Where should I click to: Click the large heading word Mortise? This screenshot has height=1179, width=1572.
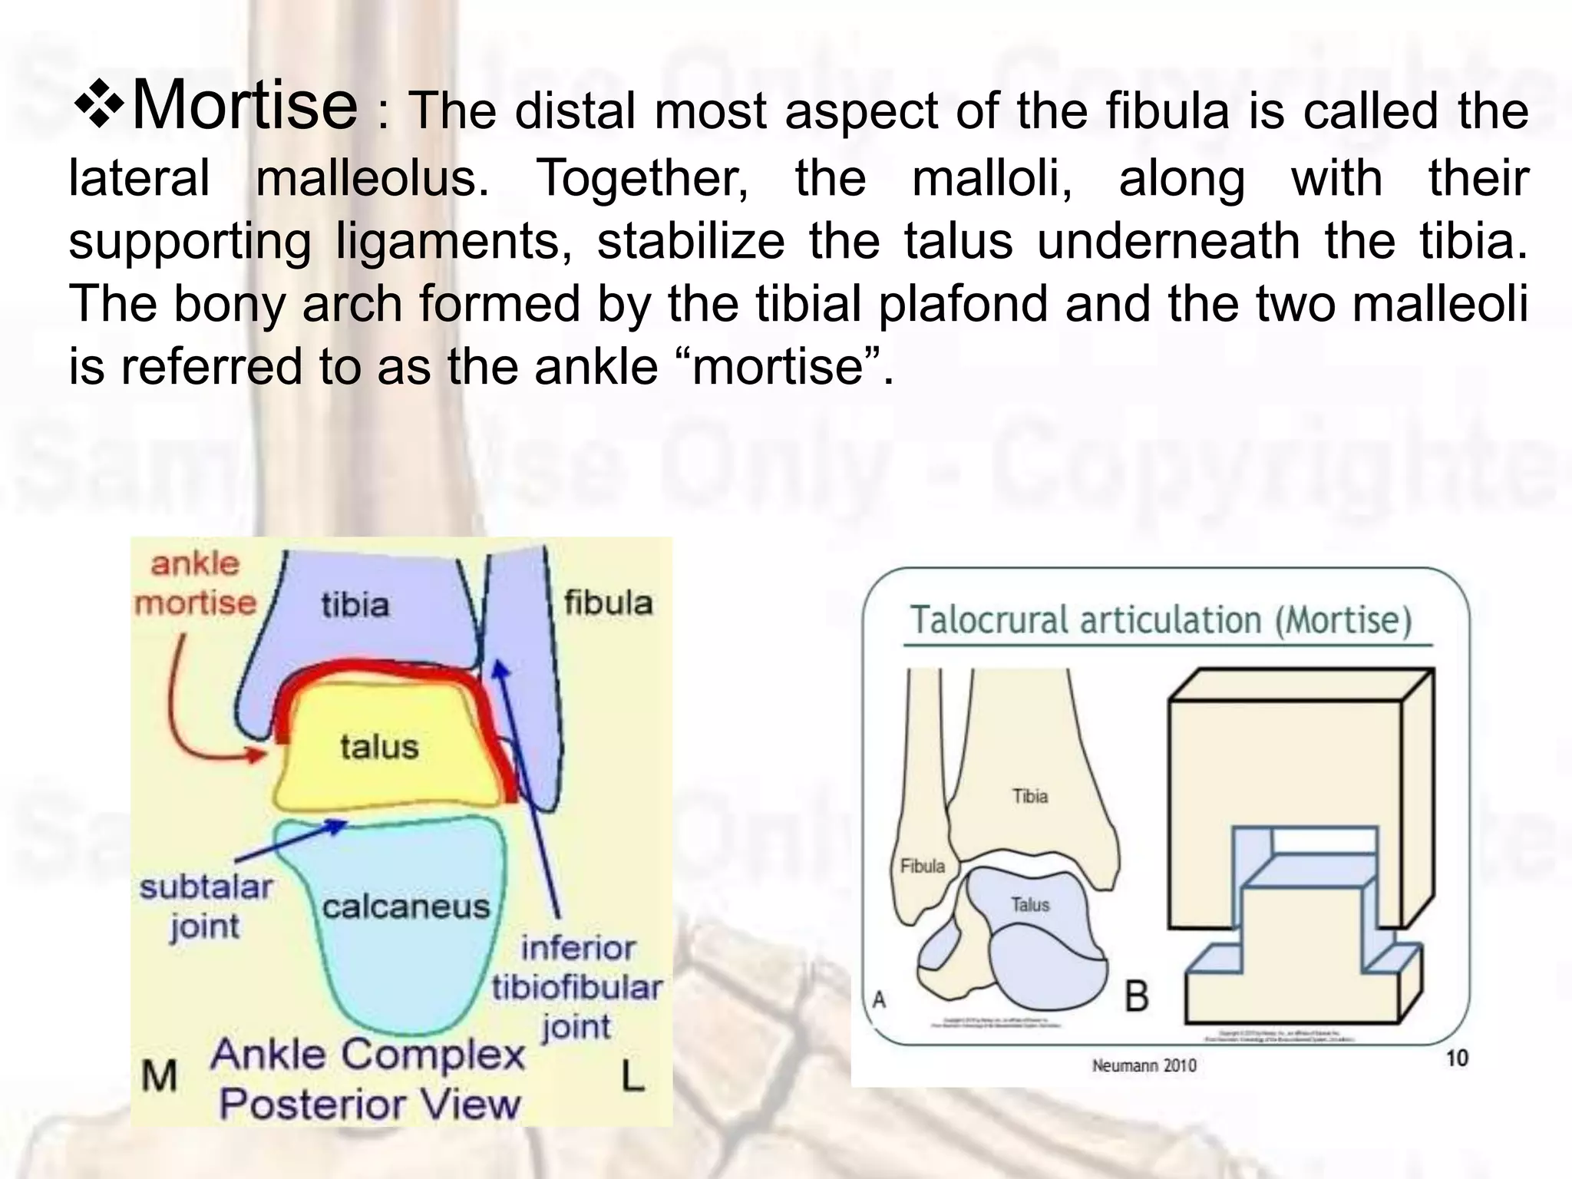244,106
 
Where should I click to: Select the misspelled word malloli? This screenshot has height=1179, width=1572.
992,178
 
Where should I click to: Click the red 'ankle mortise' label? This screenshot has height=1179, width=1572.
195,583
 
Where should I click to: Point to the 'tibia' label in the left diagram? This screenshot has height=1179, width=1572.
355,605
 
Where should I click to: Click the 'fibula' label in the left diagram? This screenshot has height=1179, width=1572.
608,603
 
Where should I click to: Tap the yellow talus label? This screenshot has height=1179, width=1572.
379,747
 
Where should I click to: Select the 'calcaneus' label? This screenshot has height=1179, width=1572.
405,907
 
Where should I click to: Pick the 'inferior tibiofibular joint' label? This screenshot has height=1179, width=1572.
577,987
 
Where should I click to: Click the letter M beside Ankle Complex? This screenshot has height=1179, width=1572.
159,1076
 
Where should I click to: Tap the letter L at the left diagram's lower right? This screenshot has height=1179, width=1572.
632,1076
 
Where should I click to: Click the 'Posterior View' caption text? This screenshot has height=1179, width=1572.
370,1105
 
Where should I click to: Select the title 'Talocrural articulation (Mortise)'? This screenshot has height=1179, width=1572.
1161,620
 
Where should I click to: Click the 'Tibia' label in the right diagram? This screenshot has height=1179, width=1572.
1029,796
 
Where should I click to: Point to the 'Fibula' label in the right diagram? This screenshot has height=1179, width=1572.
923,867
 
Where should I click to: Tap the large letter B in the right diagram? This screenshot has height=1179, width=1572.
1137,996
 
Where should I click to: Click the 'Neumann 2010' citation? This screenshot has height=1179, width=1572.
1144,1065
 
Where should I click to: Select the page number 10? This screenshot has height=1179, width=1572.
1457,1058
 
